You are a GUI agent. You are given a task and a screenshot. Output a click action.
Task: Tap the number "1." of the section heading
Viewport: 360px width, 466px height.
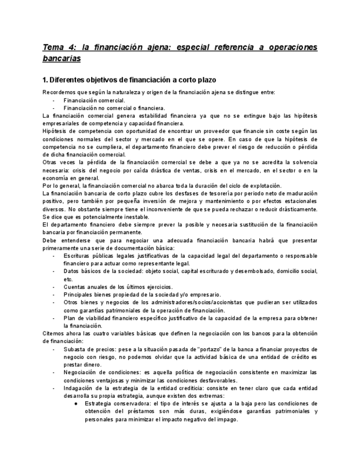pos(46,80)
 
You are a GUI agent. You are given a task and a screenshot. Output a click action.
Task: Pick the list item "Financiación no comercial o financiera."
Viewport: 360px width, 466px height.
pos(107,108)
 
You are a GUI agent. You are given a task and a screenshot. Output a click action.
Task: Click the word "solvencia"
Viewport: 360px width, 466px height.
pos(303,162)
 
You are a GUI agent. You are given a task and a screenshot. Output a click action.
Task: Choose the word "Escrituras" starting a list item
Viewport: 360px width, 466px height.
pos(78,256)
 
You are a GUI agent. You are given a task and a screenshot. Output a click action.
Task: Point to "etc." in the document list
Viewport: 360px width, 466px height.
pos(68,279)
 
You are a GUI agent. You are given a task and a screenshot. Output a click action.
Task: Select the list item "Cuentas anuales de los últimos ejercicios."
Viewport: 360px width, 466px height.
pos(118,286)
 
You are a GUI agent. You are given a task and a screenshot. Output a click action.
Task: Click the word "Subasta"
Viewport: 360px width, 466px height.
pos(75,349)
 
